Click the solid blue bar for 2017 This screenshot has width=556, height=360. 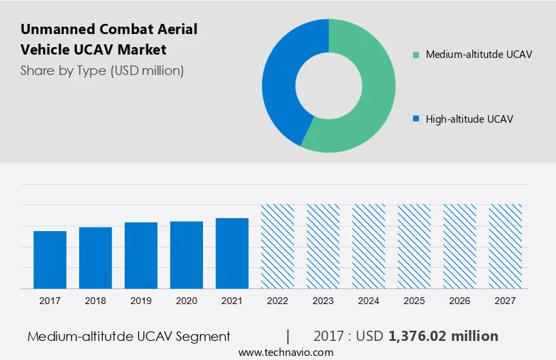50,260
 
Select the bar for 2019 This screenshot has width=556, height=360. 141,256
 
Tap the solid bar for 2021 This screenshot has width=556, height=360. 232,254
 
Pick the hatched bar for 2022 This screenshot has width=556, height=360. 278,246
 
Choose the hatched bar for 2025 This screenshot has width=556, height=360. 414,246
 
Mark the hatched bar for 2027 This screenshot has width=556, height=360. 506,246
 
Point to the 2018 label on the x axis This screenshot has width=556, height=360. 95,301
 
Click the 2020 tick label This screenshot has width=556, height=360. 187,301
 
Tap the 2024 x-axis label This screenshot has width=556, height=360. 369,301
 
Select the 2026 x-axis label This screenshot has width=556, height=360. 460,301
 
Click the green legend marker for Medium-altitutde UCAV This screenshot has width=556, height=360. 416,55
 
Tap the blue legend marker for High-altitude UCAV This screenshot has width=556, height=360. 416,119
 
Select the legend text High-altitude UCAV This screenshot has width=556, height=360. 469,119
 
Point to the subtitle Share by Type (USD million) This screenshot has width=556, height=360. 102,70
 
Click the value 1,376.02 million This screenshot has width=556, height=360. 444,336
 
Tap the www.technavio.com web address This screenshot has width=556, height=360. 286,352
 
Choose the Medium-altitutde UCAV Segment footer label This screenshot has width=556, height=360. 129,336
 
